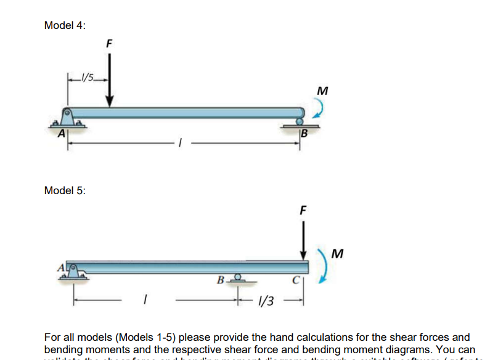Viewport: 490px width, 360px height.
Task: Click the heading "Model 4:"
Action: tap(65, 25)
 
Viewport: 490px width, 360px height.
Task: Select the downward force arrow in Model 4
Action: tap(109, 80)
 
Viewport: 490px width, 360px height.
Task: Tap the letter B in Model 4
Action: tap(304, 132)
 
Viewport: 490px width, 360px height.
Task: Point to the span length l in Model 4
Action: tap(179, 144)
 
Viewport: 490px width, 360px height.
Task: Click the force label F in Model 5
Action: tap(303, 209)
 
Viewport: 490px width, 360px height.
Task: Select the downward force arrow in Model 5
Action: tap(303, 240)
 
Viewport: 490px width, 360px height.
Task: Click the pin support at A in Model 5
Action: tap(71, 272)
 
